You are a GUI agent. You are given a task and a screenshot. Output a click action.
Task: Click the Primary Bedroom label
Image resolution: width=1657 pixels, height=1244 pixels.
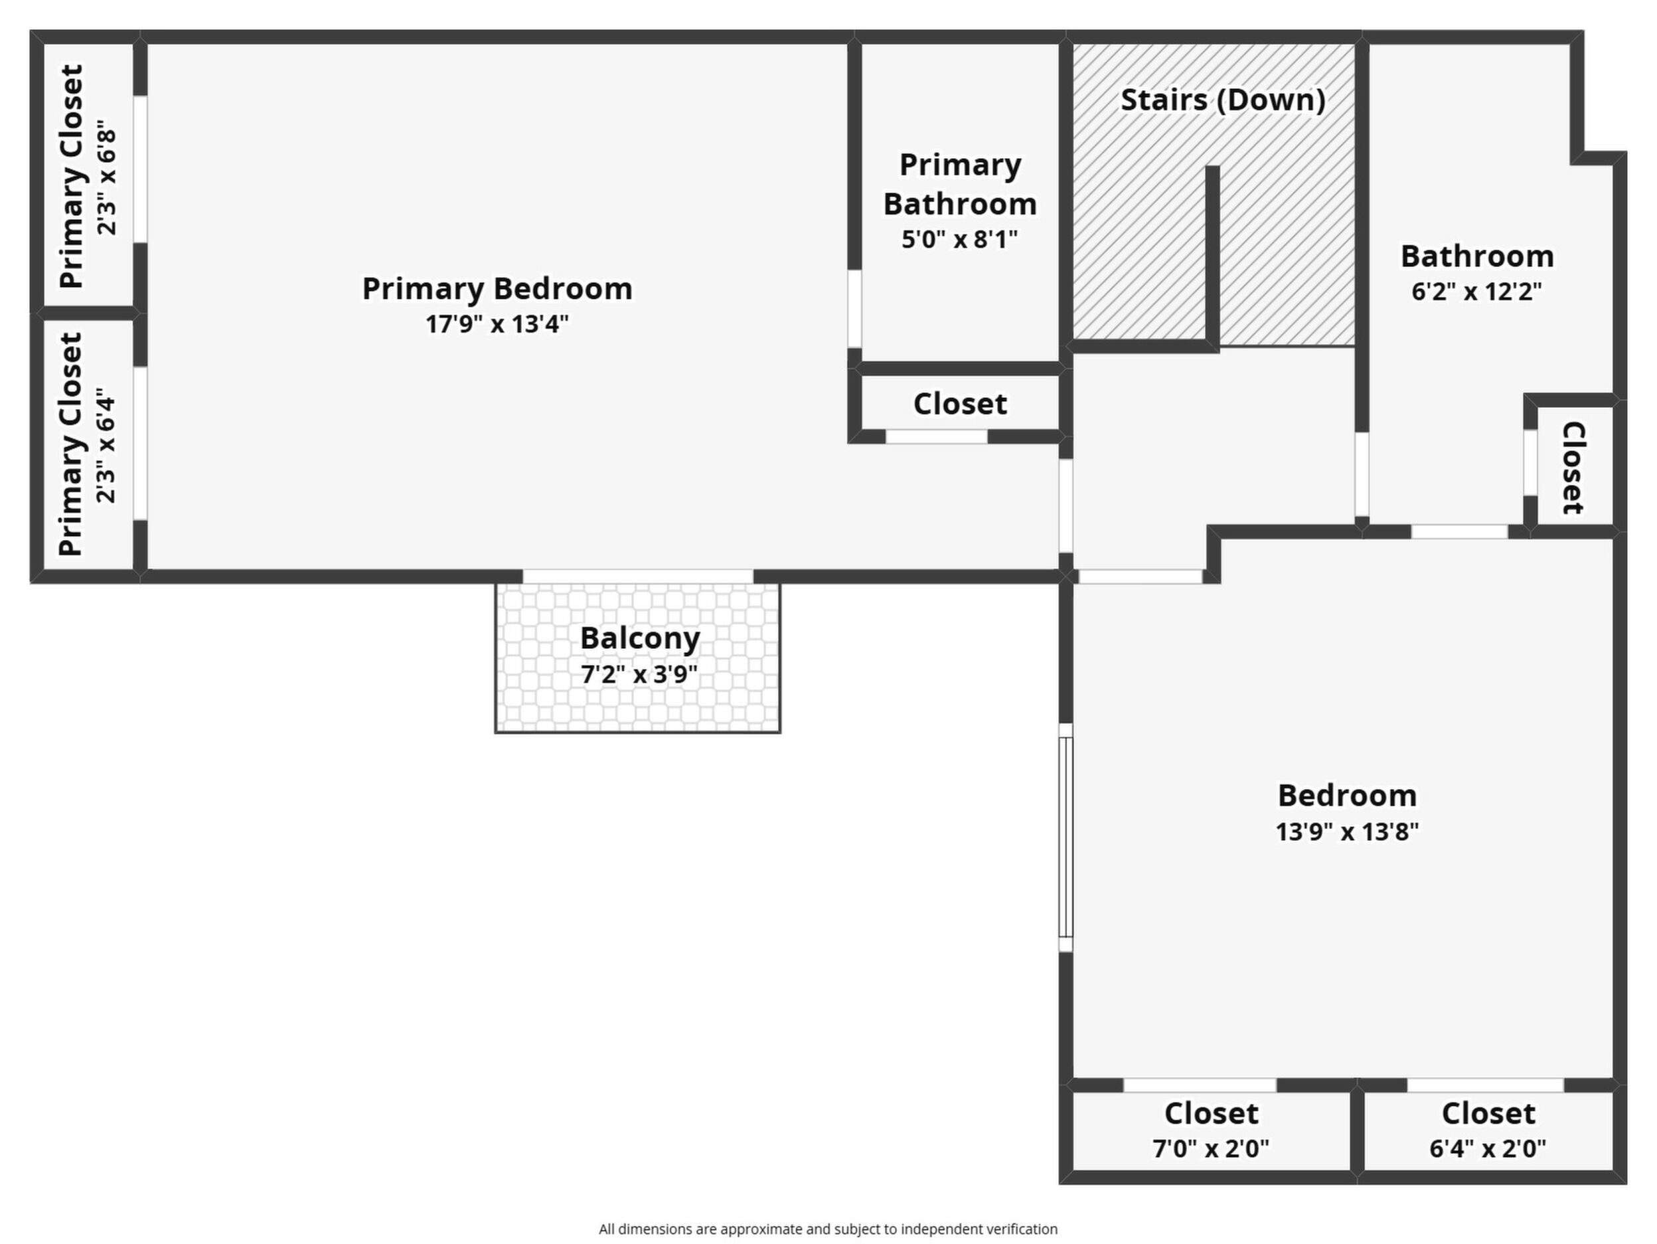pos(497,288)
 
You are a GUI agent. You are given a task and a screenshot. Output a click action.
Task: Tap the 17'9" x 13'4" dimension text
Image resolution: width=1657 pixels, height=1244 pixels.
pos(497,323)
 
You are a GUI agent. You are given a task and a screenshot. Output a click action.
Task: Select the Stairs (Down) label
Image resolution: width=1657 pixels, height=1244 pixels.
pos(1223,100)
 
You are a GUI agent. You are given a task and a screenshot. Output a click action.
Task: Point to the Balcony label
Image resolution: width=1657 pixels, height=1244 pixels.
pos(640,638)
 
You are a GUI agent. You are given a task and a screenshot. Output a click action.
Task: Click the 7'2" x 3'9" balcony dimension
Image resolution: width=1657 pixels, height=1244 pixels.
pos(640,674)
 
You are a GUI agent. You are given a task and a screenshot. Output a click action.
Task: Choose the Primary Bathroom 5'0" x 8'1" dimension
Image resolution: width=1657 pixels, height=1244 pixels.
pos(959,239)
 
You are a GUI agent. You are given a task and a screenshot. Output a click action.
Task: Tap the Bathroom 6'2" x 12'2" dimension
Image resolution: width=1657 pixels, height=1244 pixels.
pos(1476,291)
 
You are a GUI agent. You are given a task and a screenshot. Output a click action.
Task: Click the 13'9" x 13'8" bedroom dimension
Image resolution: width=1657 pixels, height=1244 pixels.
pos(1347,831)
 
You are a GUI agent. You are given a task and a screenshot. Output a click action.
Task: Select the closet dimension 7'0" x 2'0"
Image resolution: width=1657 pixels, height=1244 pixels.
pos(1210,1148)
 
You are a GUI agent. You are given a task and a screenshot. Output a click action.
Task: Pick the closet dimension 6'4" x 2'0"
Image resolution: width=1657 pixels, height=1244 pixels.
pos(1488,1148)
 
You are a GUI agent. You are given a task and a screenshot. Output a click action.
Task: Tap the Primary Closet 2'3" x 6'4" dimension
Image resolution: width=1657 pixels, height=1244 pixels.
pos(106,445)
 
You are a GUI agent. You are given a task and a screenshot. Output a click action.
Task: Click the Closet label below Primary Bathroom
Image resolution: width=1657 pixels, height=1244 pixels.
pos(959,403)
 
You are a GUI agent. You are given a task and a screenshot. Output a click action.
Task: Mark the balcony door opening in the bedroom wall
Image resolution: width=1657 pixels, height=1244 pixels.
pos(637,577)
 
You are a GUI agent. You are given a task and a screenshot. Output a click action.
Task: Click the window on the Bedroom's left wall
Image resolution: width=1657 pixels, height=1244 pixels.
pos(1065,837)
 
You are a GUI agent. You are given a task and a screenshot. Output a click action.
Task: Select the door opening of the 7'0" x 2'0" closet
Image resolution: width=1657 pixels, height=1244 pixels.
pos(1200,1085)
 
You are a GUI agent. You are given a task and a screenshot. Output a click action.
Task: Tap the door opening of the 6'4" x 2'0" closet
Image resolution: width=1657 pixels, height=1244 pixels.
pos(1486,1085)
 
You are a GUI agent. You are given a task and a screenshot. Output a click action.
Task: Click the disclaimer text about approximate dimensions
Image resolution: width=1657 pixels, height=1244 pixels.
pos(828,1229)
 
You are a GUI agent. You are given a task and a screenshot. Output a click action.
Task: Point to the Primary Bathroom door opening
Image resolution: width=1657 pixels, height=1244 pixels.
pos(854,309)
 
